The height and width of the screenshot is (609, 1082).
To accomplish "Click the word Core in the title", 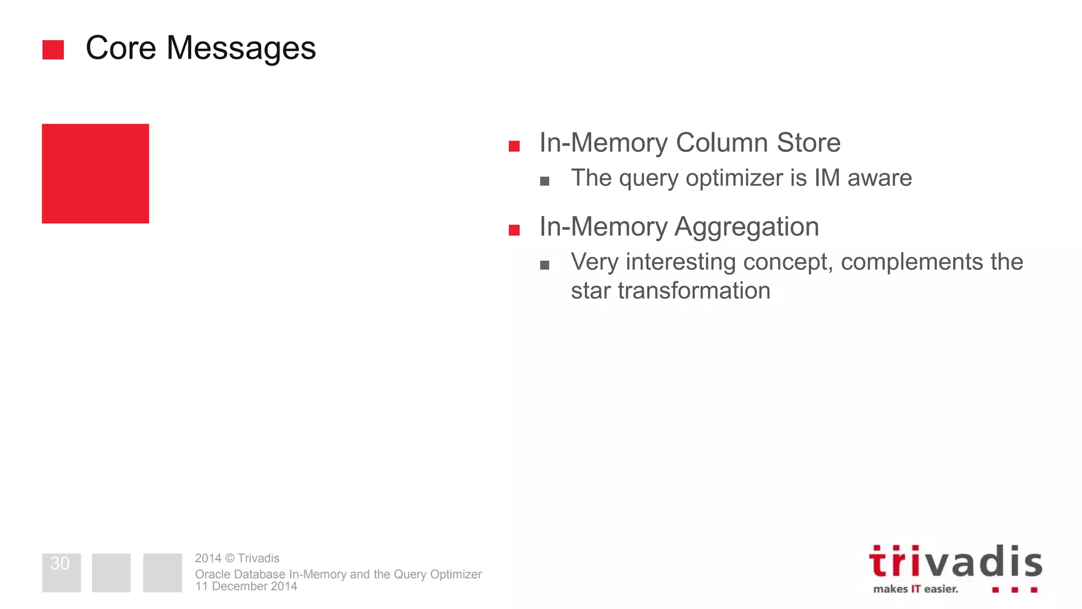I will point(120,48).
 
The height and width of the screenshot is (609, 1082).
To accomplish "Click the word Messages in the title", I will point(241,48).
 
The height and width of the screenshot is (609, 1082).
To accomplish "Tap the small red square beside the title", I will point(53,50).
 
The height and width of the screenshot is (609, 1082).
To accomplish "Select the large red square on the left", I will point(95,173).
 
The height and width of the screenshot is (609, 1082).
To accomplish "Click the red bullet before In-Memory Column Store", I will point(514,146).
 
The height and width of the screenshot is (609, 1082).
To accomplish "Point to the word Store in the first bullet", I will point(808,143).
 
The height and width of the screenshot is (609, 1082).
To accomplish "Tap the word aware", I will point(879,178).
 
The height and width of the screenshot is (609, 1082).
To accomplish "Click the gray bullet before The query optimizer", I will point(545,181).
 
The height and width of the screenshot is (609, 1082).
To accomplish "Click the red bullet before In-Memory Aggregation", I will point(514,230).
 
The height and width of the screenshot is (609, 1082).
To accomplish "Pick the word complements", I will point(911,262).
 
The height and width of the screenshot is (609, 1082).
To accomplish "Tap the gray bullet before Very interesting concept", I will point(545,265).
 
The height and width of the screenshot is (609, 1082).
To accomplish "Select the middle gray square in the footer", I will point(111,573).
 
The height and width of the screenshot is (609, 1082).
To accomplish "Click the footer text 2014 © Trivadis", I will point(237,558).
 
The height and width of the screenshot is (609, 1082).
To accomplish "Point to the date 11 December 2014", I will point(246,586).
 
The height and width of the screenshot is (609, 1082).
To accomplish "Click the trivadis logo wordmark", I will point(955,562).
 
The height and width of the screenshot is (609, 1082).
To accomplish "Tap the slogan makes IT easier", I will point(915,589).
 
